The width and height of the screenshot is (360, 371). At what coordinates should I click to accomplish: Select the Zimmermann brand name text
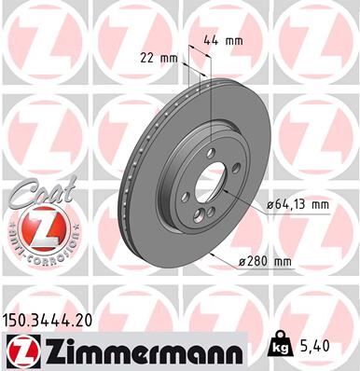(x=140, y=349)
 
